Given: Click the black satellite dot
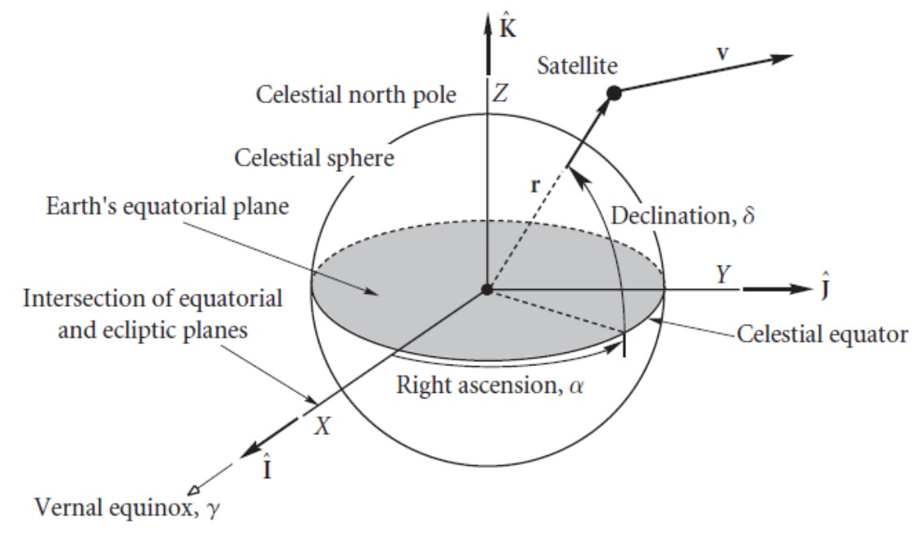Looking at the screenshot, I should click(614, 94).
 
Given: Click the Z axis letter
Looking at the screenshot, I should click(500, 94).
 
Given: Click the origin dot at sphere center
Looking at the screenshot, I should click(486, 290).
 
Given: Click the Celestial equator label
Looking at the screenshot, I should click(822, 334).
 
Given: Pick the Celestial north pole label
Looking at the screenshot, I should click(356, 95).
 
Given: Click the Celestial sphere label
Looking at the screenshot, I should click(314, 157).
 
